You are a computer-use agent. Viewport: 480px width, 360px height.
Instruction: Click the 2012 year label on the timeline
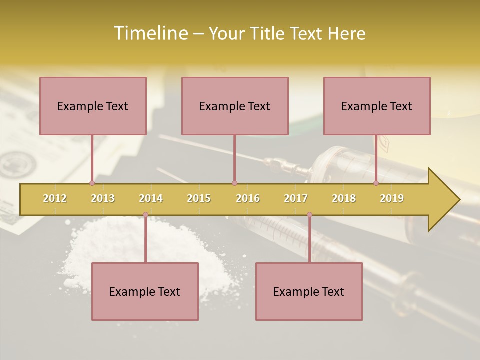[x=55, y=198]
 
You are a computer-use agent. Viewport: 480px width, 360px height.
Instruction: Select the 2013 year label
[x=103, y=198]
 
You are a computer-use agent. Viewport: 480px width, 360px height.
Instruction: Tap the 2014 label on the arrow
[x=151, y=198]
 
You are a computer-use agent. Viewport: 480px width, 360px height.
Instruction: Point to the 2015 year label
[x=199, y=198]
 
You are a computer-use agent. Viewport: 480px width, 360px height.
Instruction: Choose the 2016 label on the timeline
[x=248, y=198]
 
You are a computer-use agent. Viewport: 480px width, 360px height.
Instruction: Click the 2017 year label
[x=296, y=198]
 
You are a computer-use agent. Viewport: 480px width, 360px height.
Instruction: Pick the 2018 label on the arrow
[x=344, y=198]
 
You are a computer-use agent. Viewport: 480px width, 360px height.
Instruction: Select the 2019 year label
[x=392, y=198]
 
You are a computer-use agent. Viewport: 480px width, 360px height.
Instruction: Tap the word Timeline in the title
[x=150, y=33]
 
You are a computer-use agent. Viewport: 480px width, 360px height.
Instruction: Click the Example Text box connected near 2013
[x=93, y=106]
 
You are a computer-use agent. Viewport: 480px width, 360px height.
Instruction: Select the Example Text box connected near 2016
[x=235, y=106]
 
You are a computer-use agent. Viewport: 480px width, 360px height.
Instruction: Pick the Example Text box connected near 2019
[x=377, y=106]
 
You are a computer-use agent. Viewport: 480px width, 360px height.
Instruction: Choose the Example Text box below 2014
[x=145, y=291]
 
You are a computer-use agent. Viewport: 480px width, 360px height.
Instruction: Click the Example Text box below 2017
[x=309, y=291]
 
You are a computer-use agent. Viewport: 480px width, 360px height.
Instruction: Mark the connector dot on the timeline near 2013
[x=92, y=183]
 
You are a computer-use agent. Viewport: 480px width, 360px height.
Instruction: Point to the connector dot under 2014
[x=145, y=215]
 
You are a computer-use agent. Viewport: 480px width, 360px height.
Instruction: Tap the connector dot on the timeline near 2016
[x=234, y=183]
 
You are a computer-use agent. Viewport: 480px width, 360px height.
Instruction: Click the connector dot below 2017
[x=309, y=215]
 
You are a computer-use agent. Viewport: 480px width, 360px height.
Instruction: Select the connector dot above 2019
[x=376, y=183]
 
